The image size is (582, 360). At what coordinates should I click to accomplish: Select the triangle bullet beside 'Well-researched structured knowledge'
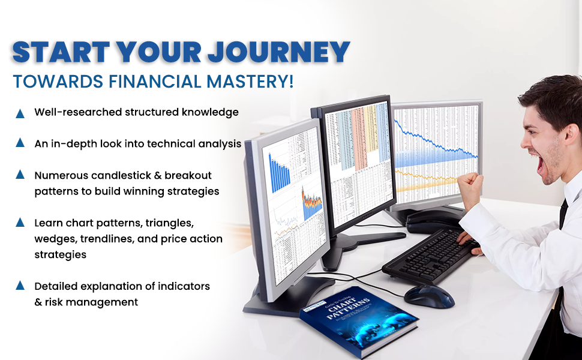20,113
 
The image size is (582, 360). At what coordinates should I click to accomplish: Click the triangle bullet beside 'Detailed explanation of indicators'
20,286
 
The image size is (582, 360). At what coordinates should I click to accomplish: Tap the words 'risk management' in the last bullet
91,302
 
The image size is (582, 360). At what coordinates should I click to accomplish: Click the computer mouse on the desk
429,295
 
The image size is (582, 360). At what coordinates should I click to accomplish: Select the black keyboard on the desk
432,255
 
